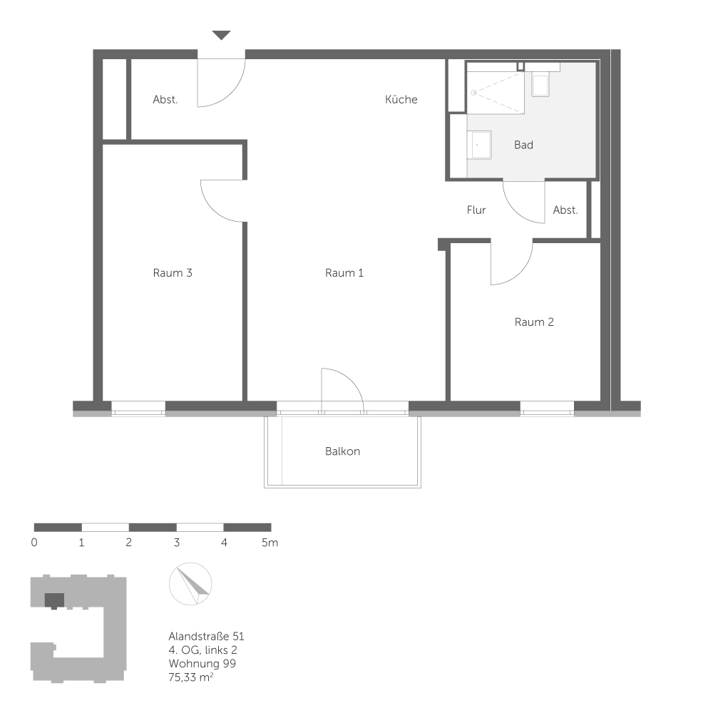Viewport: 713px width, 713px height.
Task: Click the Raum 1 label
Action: [x=344, y=272]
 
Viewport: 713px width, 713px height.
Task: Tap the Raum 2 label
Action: [x=534, y=322]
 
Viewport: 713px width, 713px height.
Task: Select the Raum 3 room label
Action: [x=173, y=272]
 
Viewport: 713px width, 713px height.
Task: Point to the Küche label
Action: [x=401, y=100]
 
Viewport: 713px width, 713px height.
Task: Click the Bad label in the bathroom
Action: [x=523, y=145]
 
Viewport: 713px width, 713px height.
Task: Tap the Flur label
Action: [x=476, y=210]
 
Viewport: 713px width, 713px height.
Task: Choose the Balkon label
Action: [x=342, y=451]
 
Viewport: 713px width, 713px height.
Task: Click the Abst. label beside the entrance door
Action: [x=165, y=100]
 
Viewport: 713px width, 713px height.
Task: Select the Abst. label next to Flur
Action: [x=565, y=210]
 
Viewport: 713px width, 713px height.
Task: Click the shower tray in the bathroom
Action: [x=496, y=91]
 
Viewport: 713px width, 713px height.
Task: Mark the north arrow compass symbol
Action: [x=190, y=584]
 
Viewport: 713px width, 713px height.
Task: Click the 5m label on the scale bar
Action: [x=270, y=543]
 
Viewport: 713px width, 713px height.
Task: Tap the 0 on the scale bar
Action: [x=34, y=543]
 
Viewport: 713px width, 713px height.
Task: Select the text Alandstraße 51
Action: [x=207, y=636]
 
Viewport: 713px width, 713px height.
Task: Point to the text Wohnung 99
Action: [x=202, y=664]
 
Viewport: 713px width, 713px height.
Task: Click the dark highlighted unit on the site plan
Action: [x=54, y=600]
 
